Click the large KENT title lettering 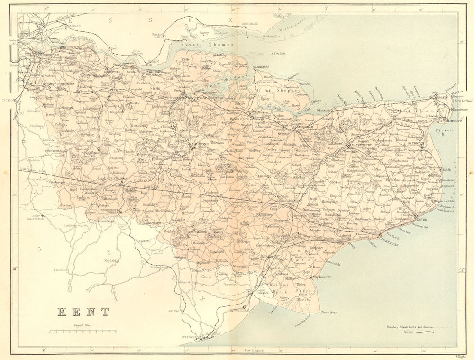[83, 312]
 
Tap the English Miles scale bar [83, 331]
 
